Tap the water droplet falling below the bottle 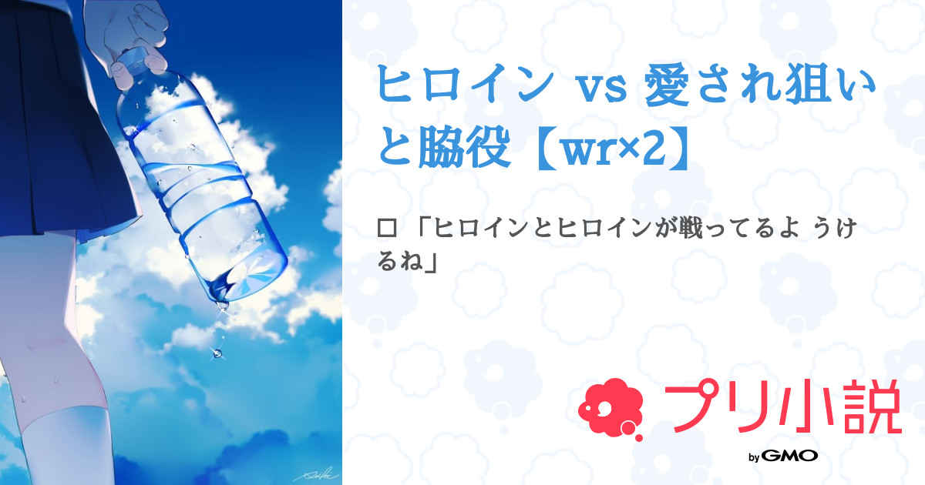tap(217, 353)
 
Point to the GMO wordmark tap(789, 456)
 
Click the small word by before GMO tap(755, 457)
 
